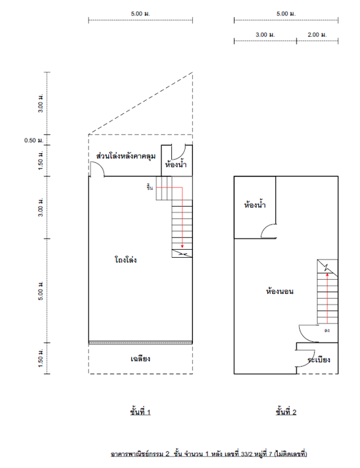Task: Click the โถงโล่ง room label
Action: pyautogui.click(x=125, y=260)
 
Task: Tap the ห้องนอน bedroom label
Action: pyautogui.click(x=280, y=291)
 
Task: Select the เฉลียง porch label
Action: pyautogui.click(x=140, y=359)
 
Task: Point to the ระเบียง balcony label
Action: pyautogui.click(x=319, y=359)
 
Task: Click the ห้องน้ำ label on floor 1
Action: pyautogui.click(x=176, y=164)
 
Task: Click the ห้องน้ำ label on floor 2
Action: pyautogui.click(x=255, y=205)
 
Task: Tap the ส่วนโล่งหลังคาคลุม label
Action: pyautogui.click(x=126, y=156)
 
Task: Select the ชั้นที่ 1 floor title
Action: pyautogui.click(x=140, y=412)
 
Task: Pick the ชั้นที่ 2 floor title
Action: pyautogui.click(x=286, y=412)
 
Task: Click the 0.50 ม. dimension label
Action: pyautogui.click(x=34, y=140)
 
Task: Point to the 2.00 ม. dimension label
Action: pyautogui.click(x=317, y=34)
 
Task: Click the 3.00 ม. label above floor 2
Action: pyautogui.click(x=265, y=34)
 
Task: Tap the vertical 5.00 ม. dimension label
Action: pyautogui.click(x=41, y=290)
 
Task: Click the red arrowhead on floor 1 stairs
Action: pyautogui.click(x=182, y=246)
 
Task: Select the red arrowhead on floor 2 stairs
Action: pyautogui.click(x=327, y=275)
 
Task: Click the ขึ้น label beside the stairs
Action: pyautogui.click(x=150, y=188)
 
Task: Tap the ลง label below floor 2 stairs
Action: pyautogui.click(x=327, y=330)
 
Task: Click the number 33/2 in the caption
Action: pyautogui.click(x=247, y=454)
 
